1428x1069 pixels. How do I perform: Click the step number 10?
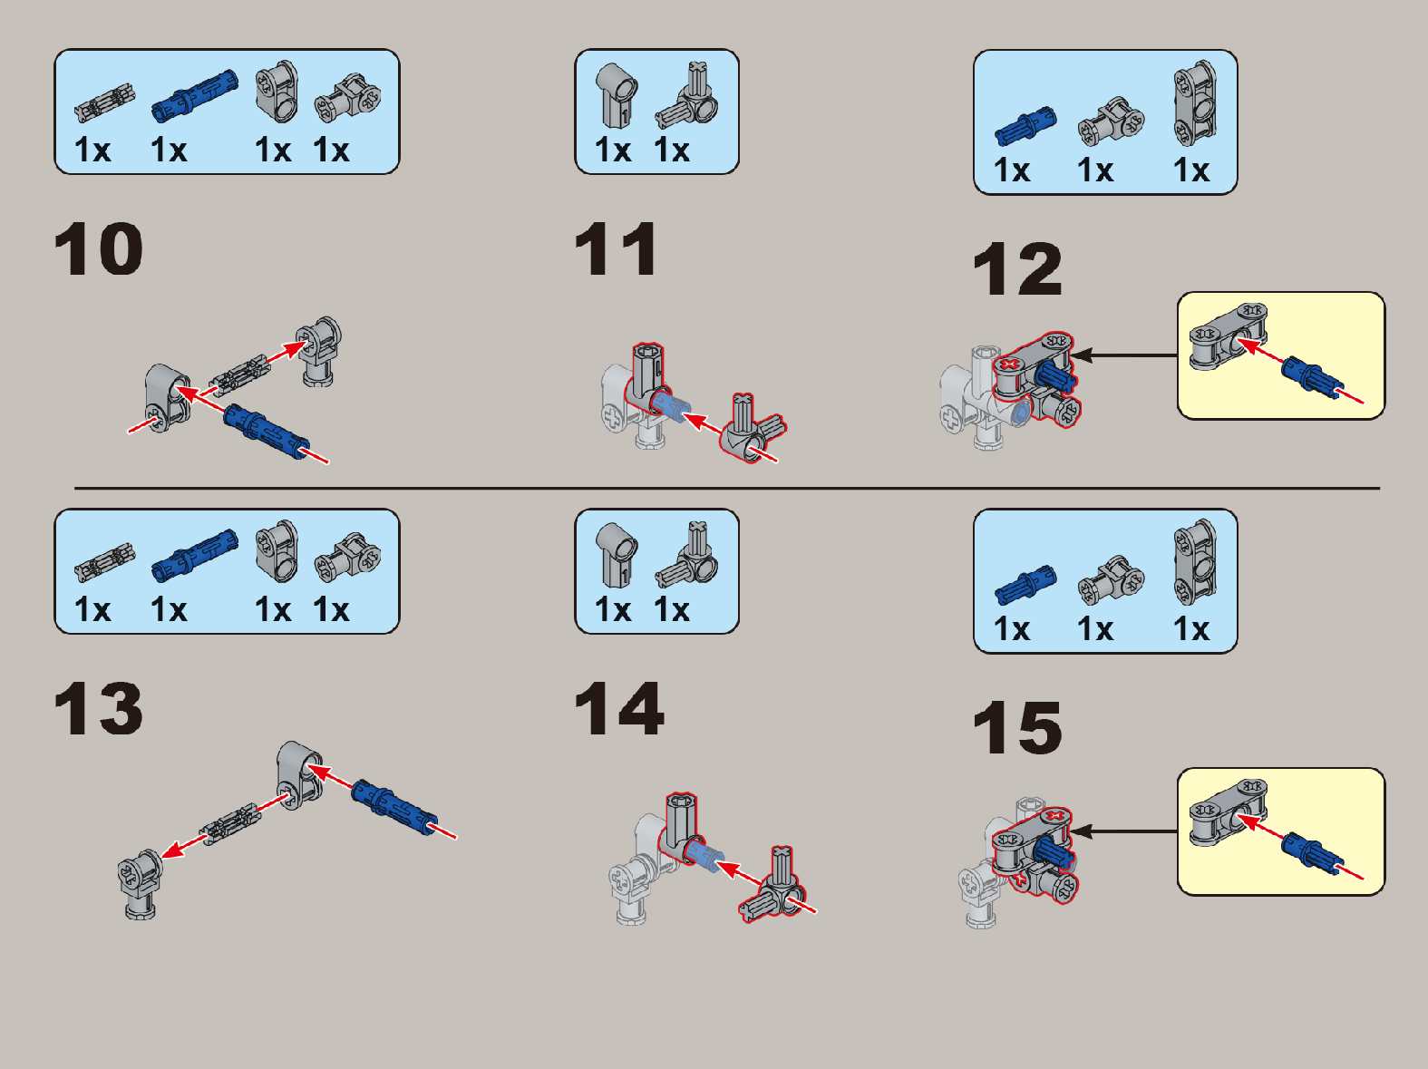pyautogui.click(x=98, y=248)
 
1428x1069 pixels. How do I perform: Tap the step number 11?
pyautogui.click(x=616, y=248)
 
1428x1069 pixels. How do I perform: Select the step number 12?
pyautogui.click(x=1017, y=268)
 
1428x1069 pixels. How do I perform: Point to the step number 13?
pyautogui.click(x=98, y=708)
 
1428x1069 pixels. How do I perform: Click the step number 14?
pyautogui.click(x=619, y=708)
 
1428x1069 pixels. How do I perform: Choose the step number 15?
pyautogui.click(x=1017, y=728)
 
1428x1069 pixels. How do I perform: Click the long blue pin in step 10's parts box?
pyautogui.click(x=195, y=96)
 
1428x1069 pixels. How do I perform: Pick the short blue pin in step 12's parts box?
pyautogui.click(x=1025, y=126)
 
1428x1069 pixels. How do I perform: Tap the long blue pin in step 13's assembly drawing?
pyautogui.click(x=394, y=807)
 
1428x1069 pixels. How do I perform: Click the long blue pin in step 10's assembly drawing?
pyautogui.click(x=266, y=432)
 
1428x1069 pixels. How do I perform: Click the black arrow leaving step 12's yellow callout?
pyautogui.click(x=1124, y=355)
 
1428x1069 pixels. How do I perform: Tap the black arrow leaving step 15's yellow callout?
pyautogui.click(x=1124, y=831)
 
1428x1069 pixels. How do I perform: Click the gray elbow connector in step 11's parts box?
pyautogui.click(x=617, y=95)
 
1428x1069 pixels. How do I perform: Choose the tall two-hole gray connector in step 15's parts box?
pyautogui.click(x=1195, y=561)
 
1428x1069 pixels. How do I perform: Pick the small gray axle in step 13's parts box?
pyautogui.click(x=104, y=562)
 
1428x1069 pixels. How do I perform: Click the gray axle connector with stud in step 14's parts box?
pyautogui.click(x=686, y=554)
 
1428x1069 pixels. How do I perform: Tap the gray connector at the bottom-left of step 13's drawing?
pyautogui.click(x=140, y=883)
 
